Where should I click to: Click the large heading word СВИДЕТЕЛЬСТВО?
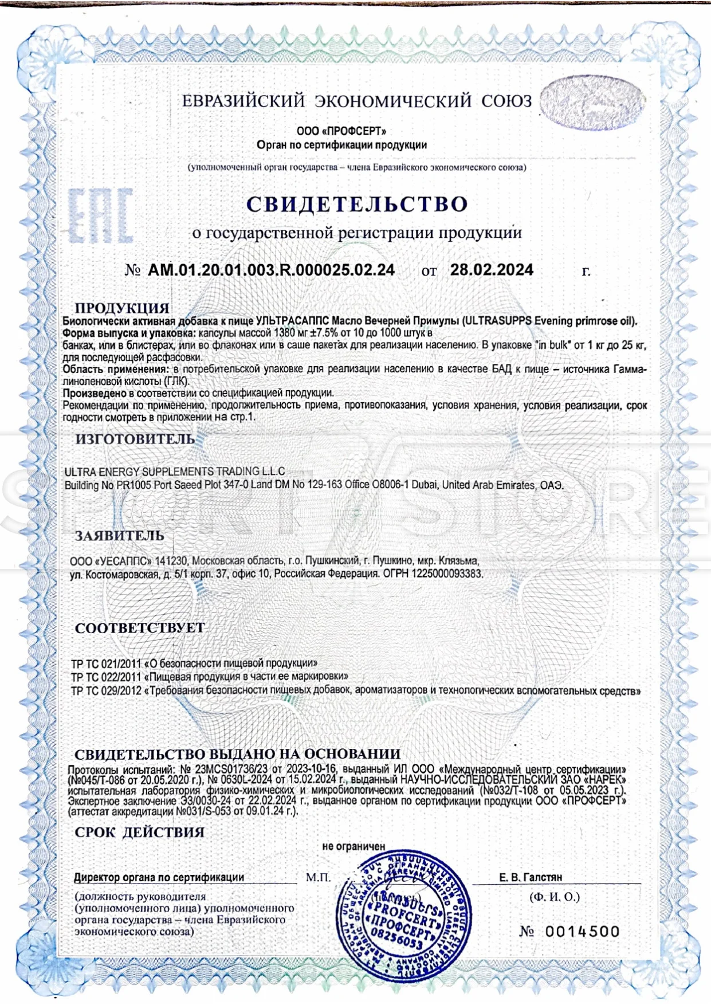(x=357, y=205)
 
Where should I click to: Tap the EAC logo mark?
(x=101, y=215)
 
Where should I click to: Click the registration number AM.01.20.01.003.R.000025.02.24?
(x=271, y=270)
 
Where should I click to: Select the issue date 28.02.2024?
(x=492, y=270)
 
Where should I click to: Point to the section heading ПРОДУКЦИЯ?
(x=122, y=308)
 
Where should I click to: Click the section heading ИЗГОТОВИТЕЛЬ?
(x=135, y=439)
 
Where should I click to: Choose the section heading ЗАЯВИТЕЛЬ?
(x=120, y=536)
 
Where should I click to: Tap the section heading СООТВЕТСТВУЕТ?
(x=140, y=628)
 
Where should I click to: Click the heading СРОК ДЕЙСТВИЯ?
(x=139, y=832)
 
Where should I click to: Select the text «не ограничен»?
(x=353, y=846)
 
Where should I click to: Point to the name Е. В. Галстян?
(x=530, y=877)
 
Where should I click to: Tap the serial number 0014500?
(x=582, y=932)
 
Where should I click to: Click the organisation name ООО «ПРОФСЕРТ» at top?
(x=341, y=131)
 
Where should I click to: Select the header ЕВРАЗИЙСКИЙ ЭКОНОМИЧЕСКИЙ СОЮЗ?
(x=357, y=101)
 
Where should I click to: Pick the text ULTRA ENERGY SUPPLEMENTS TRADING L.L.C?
(x=174, y=472)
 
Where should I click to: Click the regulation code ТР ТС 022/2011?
(x=105, y=677)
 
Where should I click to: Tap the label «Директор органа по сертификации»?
(x=159, y=877)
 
